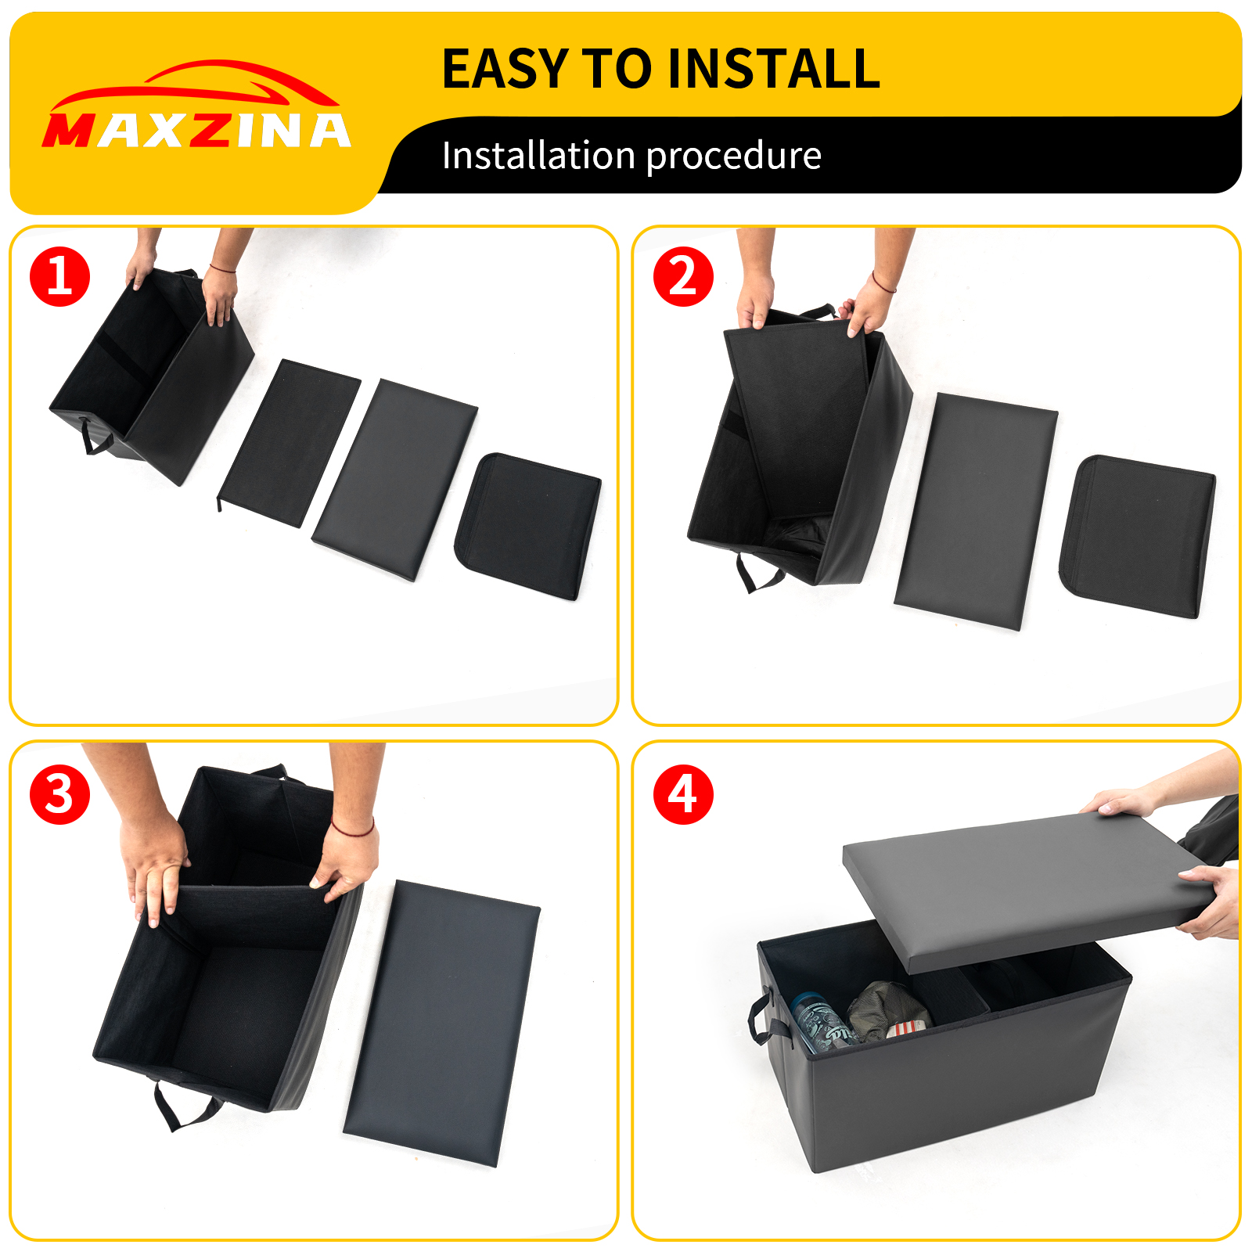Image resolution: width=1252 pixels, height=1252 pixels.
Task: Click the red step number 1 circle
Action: point(60,276)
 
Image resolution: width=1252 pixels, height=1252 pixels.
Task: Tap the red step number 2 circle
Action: point(683,276)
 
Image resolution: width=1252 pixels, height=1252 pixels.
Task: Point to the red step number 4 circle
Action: point(683,794)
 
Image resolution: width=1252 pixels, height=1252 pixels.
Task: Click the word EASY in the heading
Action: point(505,69)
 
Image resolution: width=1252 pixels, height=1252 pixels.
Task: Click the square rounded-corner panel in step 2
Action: point(1138,535)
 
